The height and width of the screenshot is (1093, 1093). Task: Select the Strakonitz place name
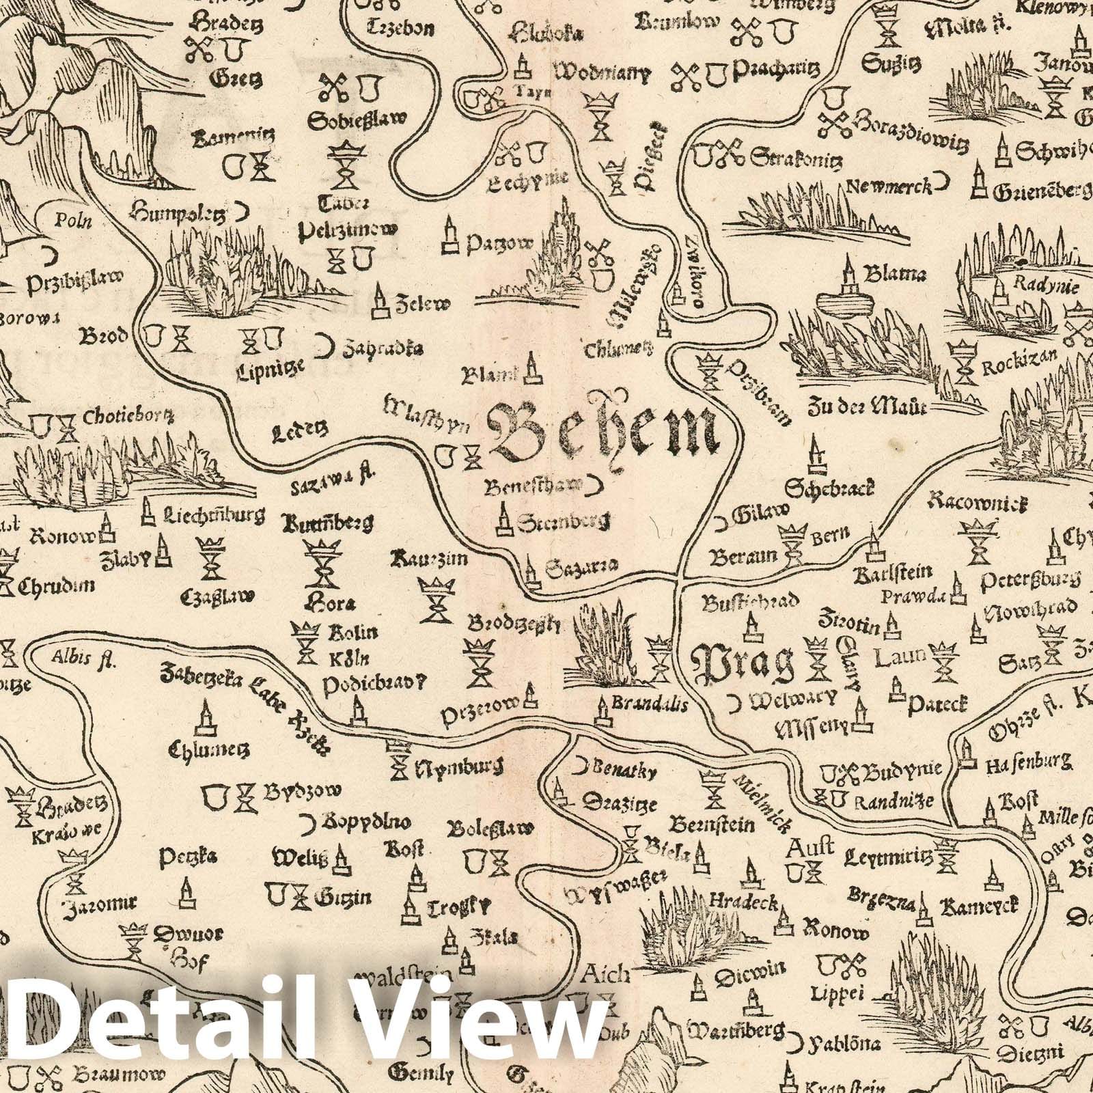(x=796, y=159)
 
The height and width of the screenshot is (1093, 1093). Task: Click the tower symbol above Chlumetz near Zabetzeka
(x=204, y=717)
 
